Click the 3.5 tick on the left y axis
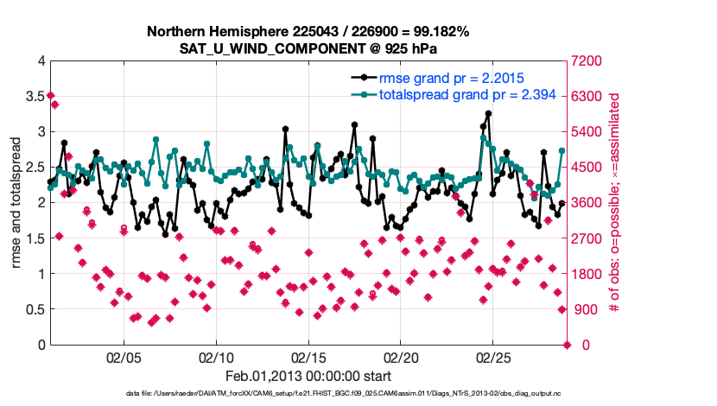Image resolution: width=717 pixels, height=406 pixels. click(35, 96)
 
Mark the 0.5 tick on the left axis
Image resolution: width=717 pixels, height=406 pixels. click(35, 309)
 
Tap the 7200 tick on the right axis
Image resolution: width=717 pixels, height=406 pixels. click(586, 60)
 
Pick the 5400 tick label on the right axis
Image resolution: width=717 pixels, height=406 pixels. click(586, 131)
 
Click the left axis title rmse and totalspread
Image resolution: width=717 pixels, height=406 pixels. click(16, 203)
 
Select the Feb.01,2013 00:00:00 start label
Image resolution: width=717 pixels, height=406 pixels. click(308, 376)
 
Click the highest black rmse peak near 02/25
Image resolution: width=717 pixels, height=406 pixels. click(488, 113)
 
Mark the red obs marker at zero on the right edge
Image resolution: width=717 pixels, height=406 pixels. click(567, 345)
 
